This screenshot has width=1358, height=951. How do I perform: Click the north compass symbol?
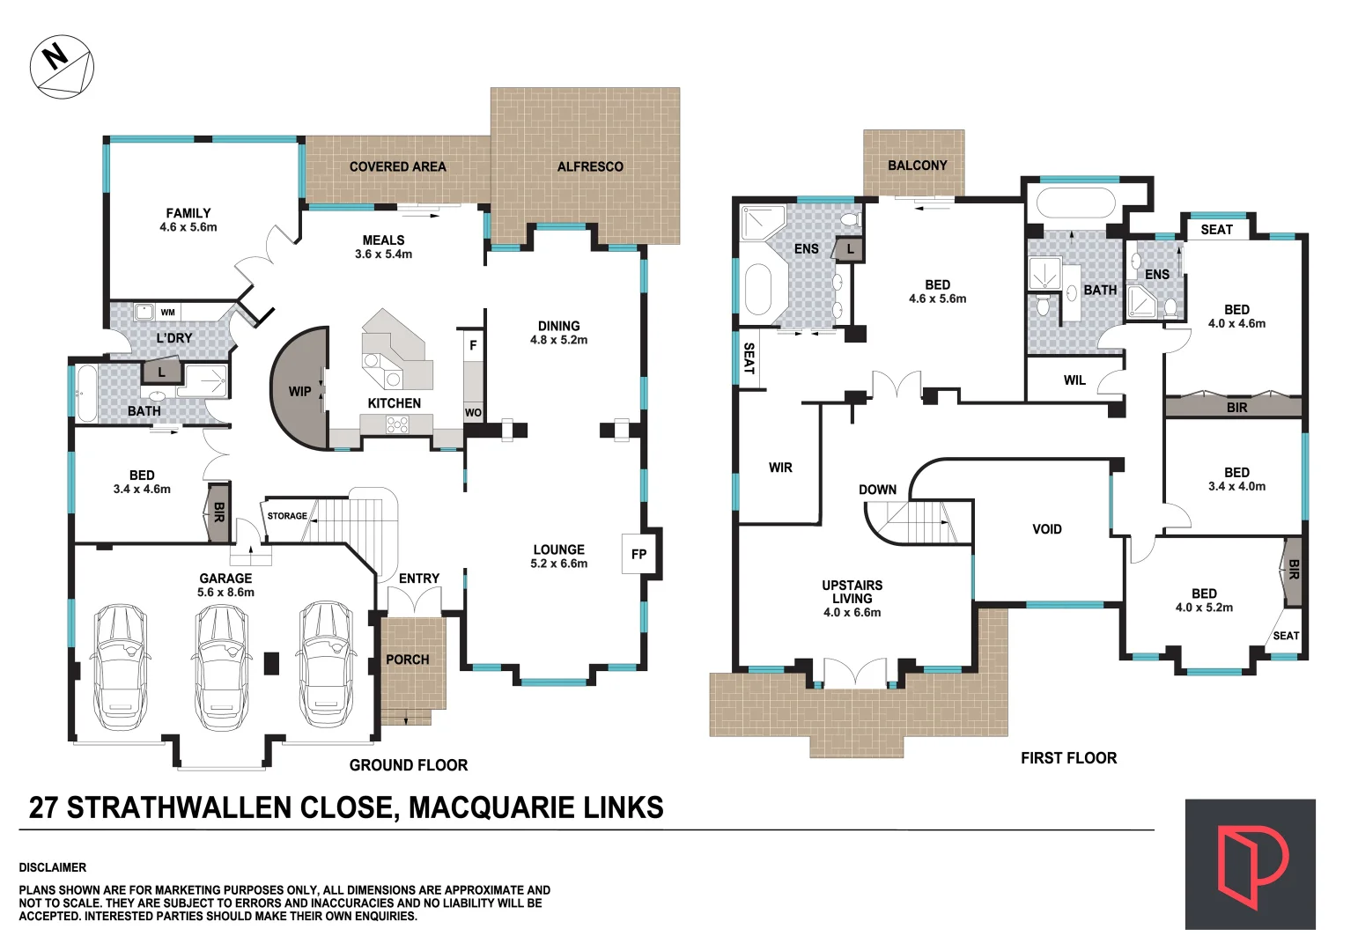[x=62, y=67]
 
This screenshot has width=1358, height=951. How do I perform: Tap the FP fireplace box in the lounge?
[x=639, y=554]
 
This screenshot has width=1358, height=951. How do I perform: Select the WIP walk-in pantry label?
[x=300, y=391]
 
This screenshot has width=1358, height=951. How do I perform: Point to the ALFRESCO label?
[x=590, y=166]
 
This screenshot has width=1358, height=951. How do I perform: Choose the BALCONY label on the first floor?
[x=917, y=166]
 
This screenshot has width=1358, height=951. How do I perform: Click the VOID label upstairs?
[x=1046, y=529]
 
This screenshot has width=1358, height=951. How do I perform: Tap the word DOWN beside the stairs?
[x=877, y=490]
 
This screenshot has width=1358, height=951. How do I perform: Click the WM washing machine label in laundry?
[x=167, y=313]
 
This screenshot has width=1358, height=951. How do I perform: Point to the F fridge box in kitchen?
[x=473, y=346]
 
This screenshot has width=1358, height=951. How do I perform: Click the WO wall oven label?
[x=473, y=412]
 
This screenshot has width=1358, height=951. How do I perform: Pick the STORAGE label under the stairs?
[x=287, y=516]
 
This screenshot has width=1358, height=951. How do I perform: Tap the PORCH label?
[x=408, y=660]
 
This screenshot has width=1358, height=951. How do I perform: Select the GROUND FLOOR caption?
[x=409, y=765]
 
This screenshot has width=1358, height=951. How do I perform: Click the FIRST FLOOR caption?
[x=1068, y=758]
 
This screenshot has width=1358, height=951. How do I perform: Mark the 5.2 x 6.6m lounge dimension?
[x=558, y=564]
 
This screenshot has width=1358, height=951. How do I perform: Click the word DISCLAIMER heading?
[x=53, y=867]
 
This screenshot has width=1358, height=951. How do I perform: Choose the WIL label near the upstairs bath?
[x=1074, y=380]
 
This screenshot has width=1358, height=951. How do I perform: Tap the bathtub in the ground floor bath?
[x=86, y=394]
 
